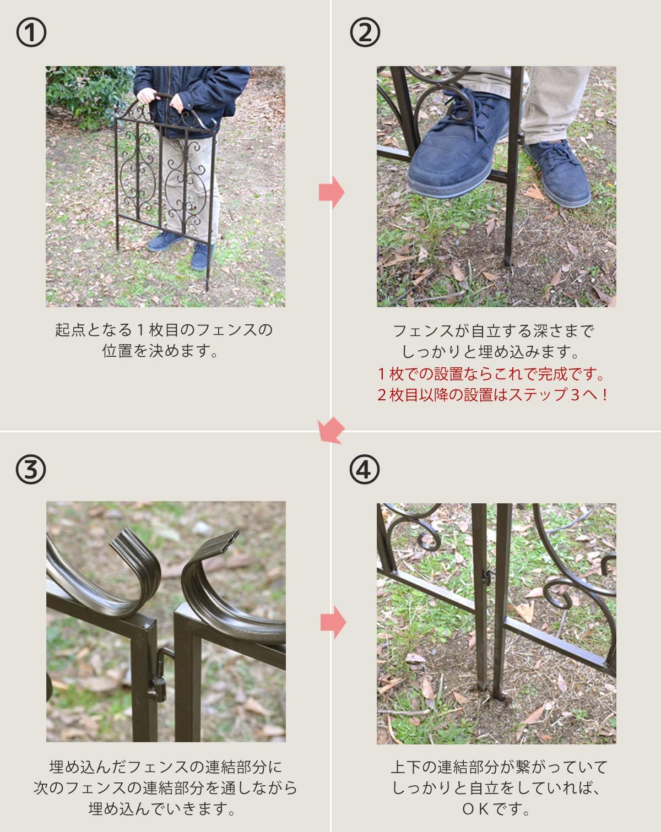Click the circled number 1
pos(31,33)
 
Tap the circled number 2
pos(365,33)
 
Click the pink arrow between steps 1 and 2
pos(332,193)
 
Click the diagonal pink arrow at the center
pos(332,430)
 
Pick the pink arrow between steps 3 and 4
pos(333,623)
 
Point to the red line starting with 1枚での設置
pos(492,374)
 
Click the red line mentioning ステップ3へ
pos(492,395)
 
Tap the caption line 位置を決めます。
pos(161,351)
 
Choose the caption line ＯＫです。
pos(496,809)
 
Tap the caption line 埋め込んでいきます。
pos(163,809)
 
